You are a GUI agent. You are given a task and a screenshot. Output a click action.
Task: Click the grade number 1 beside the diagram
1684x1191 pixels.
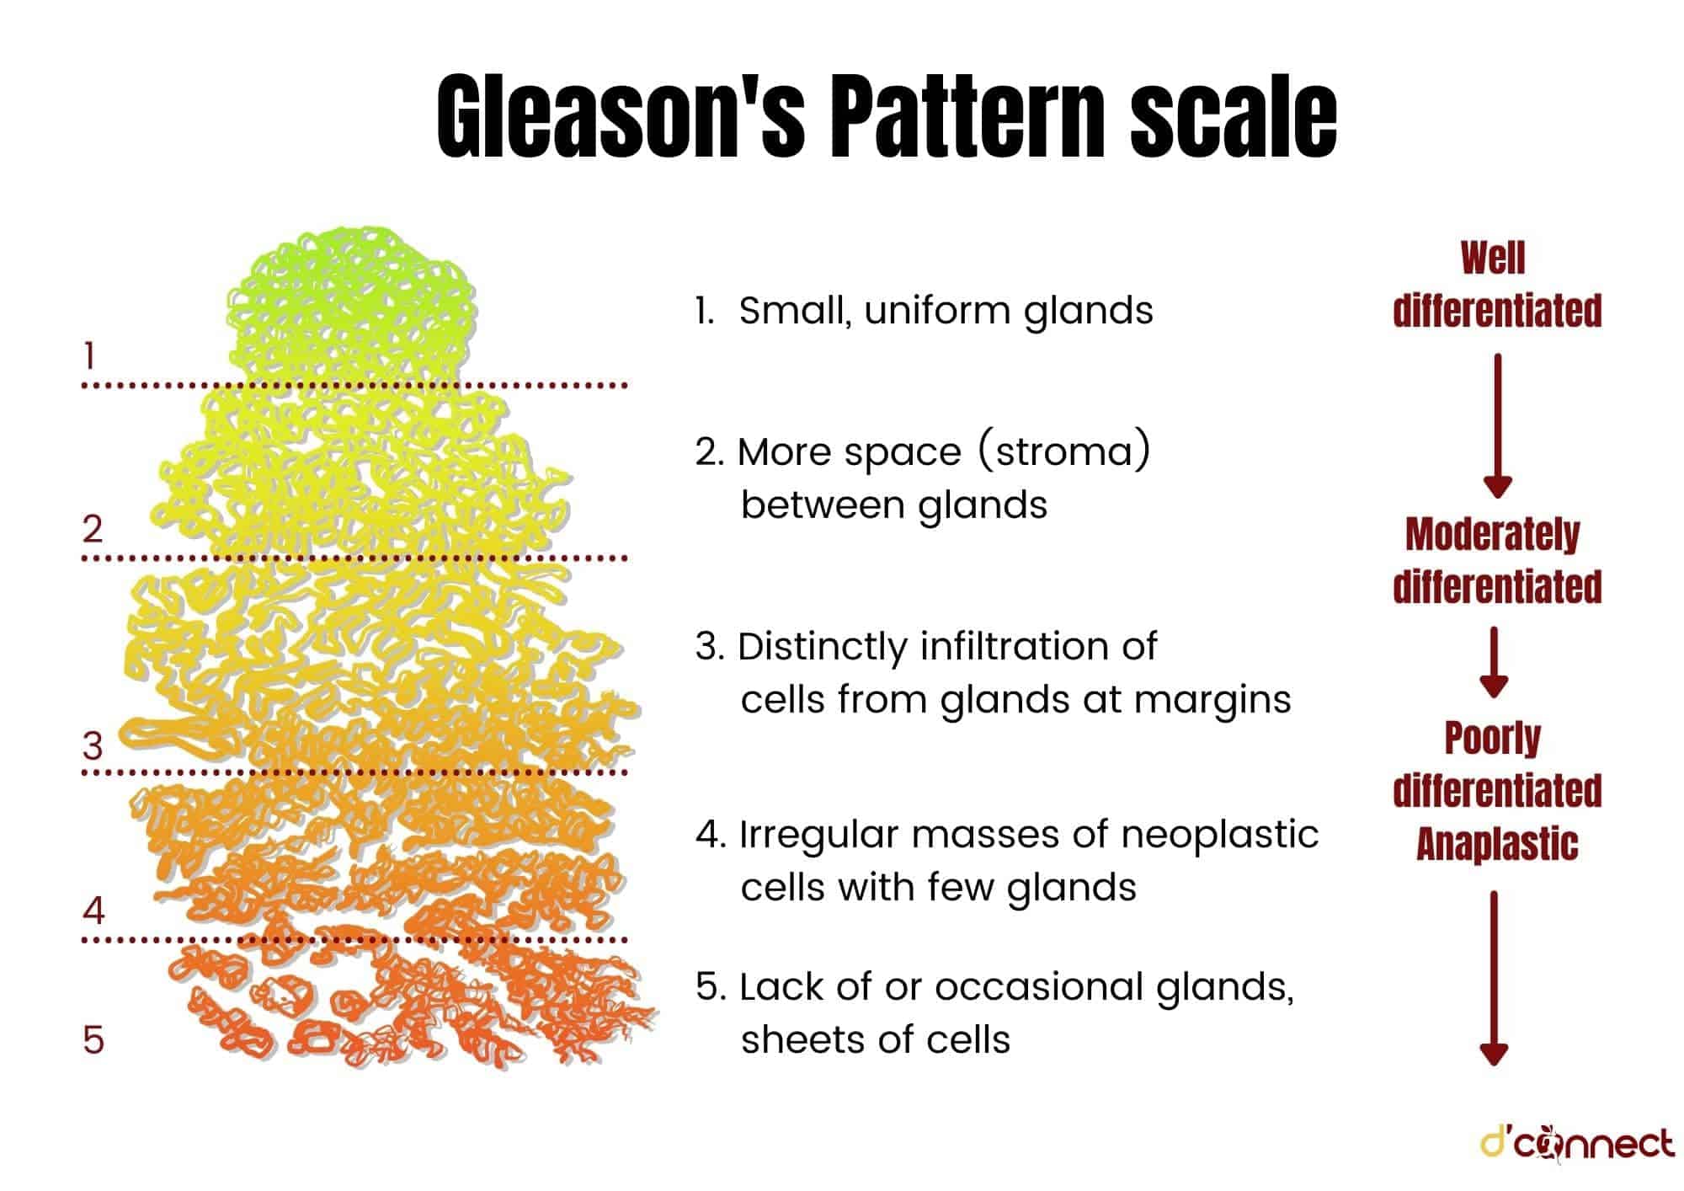click(89, 356)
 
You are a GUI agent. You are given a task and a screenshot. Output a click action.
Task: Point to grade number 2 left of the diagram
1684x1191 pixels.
click(93, 528)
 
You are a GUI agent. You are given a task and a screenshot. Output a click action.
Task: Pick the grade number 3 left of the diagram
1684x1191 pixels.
click(93, 745)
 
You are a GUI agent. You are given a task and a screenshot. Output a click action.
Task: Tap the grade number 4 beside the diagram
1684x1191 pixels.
click(93, 910)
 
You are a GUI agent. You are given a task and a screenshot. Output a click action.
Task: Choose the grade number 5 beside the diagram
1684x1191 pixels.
click(93, 1039)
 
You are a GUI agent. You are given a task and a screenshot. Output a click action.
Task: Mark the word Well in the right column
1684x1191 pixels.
click(1493, 258)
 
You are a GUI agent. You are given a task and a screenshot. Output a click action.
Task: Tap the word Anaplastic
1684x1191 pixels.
click(1497, 844)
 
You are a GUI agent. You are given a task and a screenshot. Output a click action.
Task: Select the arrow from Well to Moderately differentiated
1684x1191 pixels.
click(1498, 425)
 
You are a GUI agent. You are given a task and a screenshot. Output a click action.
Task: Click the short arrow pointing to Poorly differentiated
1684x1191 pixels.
click(1494, 662)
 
